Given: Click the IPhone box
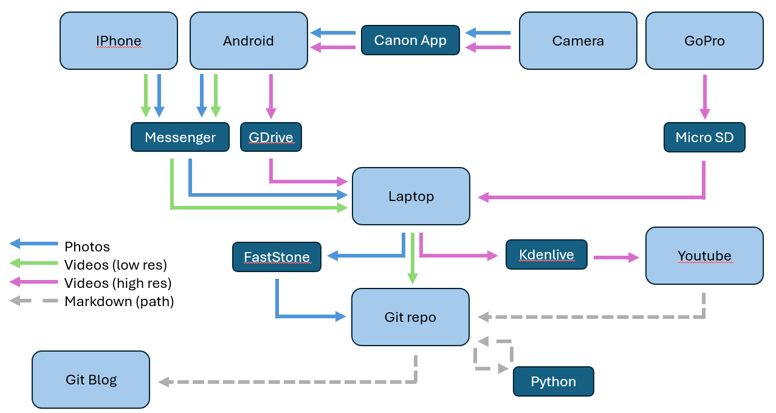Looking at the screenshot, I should click(x=118, y=41).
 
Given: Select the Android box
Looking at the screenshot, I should click(x=249, y=41).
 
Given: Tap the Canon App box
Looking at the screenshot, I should click(x=410, y=40).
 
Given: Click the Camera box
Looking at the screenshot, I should click(x=578, y=41).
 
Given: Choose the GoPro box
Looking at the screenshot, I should click(x=704, y=41).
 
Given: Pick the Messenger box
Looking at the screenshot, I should click(x=180, y=137).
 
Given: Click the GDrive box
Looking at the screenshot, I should click(x=271, y=137).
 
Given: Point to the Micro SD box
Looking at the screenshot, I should click(x=704, y=138).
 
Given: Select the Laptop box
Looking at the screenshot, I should click(x=411, y=196).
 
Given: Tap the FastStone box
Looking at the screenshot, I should click(x=276, y=257).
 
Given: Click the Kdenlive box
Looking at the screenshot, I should click(x=546, y=254).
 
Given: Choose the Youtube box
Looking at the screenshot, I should click(x=704, y=256).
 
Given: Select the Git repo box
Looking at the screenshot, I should click(x=410, y=316).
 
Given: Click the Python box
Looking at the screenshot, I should click(x=553, y=381).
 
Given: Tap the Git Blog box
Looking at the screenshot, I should click(x=91, y=380).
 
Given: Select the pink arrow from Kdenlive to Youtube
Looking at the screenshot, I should click(x=616, y=257).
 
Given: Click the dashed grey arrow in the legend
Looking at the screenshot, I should click(x=33, y=301).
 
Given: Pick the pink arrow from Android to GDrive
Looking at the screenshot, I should click(x=270, y=96).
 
